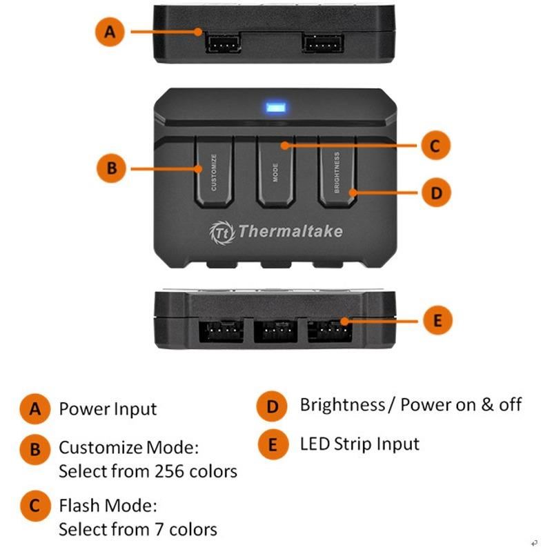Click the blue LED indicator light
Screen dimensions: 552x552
276,107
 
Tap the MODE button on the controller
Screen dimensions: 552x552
275,172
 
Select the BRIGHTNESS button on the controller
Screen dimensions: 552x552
337,172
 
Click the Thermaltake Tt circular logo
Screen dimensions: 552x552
222,232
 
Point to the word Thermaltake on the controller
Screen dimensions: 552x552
290,231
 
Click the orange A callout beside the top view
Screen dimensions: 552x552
110,32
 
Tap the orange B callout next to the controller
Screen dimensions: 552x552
111,168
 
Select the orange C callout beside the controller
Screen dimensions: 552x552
436,145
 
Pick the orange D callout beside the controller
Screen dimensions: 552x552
437,193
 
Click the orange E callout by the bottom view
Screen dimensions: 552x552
437,320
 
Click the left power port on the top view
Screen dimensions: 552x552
223,43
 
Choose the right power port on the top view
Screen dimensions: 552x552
322,43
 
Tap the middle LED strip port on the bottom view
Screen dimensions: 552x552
275,331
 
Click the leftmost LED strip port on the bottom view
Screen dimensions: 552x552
221,331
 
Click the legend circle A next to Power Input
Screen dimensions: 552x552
35,408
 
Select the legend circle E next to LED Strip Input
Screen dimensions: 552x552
273,444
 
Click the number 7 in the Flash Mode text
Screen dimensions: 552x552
159,529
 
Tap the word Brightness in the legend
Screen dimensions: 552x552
342,405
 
